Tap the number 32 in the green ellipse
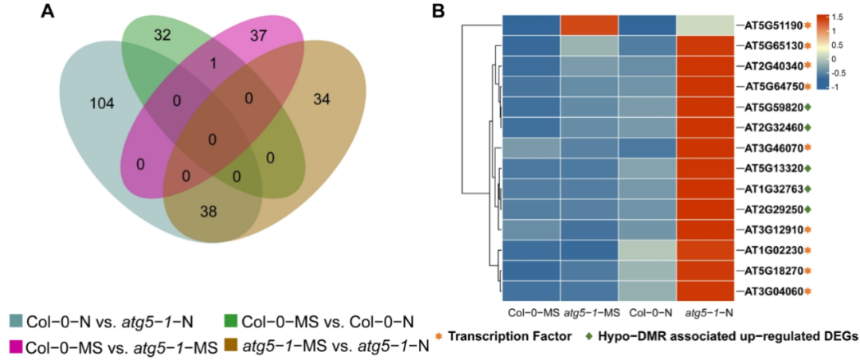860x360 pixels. pos(164,36)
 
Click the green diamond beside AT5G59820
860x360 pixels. pos(807,107)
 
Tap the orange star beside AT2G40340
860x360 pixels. pos(807,65)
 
